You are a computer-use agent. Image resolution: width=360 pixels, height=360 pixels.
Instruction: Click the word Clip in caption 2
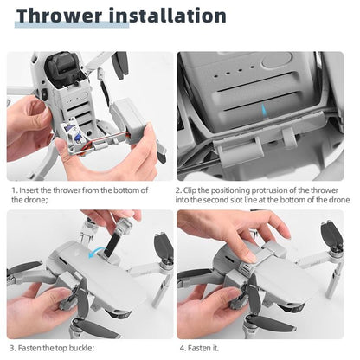(x=194, y=190)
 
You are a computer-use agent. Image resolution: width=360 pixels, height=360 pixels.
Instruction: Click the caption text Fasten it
(x=204, y=348)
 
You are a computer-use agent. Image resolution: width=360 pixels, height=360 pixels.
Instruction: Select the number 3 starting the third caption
(x=12, y=348)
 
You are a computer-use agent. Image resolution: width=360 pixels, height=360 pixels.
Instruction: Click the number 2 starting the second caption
(x=178, y=190)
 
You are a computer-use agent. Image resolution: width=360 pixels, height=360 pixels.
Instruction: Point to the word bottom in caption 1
(x=125, y=190)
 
